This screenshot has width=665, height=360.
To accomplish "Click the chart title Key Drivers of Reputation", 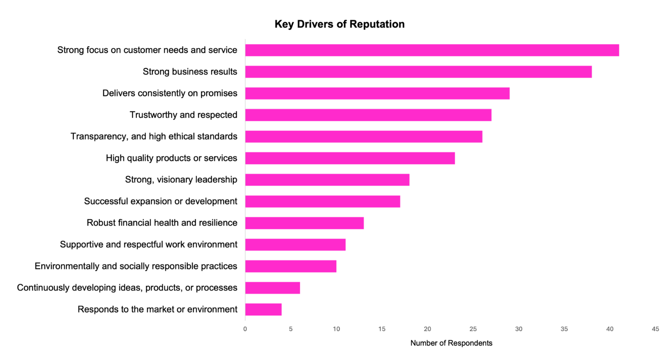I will coord(339,24).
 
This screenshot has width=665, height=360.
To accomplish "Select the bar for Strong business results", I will coord(418,72).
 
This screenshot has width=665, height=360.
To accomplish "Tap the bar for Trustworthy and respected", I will coord(368,115).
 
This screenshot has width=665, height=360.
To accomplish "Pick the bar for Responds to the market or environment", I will coord(263,310).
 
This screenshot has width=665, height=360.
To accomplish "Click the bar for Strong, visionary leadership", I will coord(327,180).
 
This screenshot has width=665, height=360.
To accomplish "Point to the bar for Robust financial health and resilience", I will coord(305,223).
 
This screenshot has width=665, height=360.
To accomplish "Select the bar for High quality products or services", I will coord(350,158).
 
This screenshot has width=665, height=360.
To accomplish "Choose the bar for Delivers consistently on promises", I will coord(377,94).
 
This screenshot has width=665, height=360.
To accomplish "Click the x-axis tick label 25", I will coord(473,329).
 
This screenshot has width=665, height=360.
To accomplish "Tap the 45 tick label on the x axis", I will coord(655,329).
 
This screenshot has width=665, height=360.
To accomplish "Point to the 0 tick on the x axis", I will coord(245,329).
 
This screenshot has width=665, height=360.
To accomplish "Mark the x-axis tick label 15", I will coord(382,329).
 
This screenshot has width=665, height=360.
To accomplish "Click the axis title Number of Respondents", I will coord(451,343).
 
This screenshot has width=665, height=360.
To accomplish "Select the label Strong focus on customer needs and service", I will coord(147,50).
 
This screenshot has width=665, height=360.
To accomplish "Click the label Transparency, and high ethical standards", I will coord(154,137).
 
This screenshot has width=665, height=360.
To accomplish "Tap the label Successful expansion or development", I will coord(161,202).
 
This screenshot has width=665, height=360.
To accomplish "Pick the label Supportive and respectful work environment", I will coord(148,245).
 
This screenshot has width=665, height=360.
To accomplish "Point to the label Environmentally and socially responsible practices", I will coord(136,266).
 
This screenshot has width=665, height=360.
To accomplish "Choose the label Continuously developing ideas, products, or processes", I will coord(127,288).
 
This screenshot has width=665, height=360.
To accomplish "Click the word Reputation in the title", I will coord(377,24).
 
